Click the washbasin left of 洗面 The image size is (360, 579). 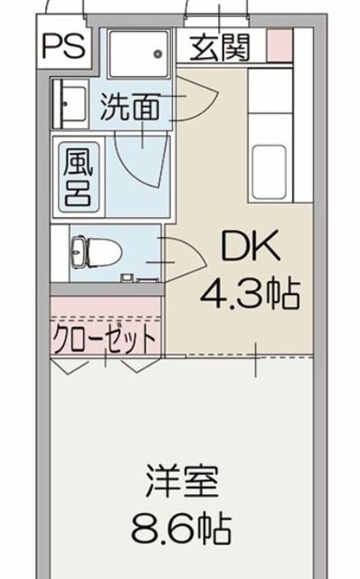pos(71,105)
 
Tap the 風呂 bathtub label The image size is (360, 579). pos(76,176)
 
